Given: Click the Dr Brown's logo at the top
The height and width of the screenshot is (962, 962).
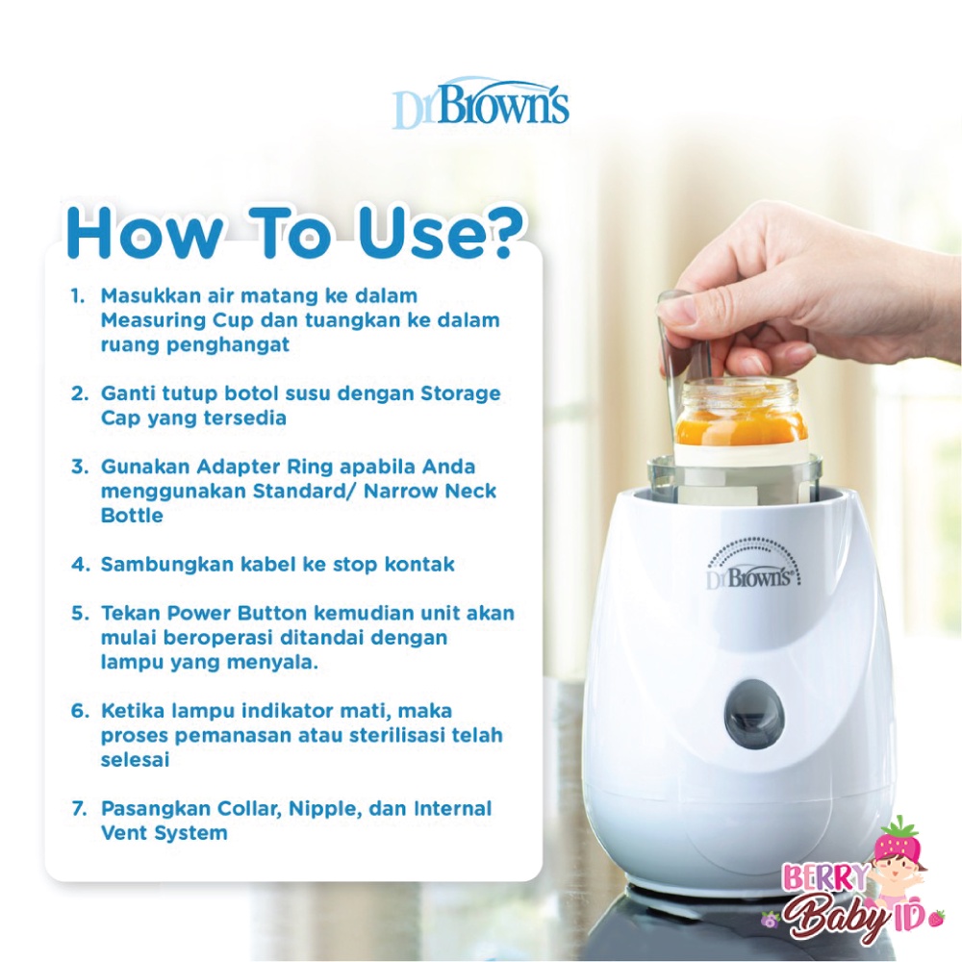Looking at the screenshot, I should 481,105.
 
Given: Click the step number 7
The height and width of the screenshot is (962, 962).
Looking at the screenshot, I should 79,809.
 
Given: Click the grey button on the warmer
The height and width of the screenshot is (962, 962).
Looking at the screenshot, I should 753,714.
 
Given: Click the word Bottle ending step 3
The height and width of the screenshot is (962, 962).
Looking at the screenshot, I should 132,516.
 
